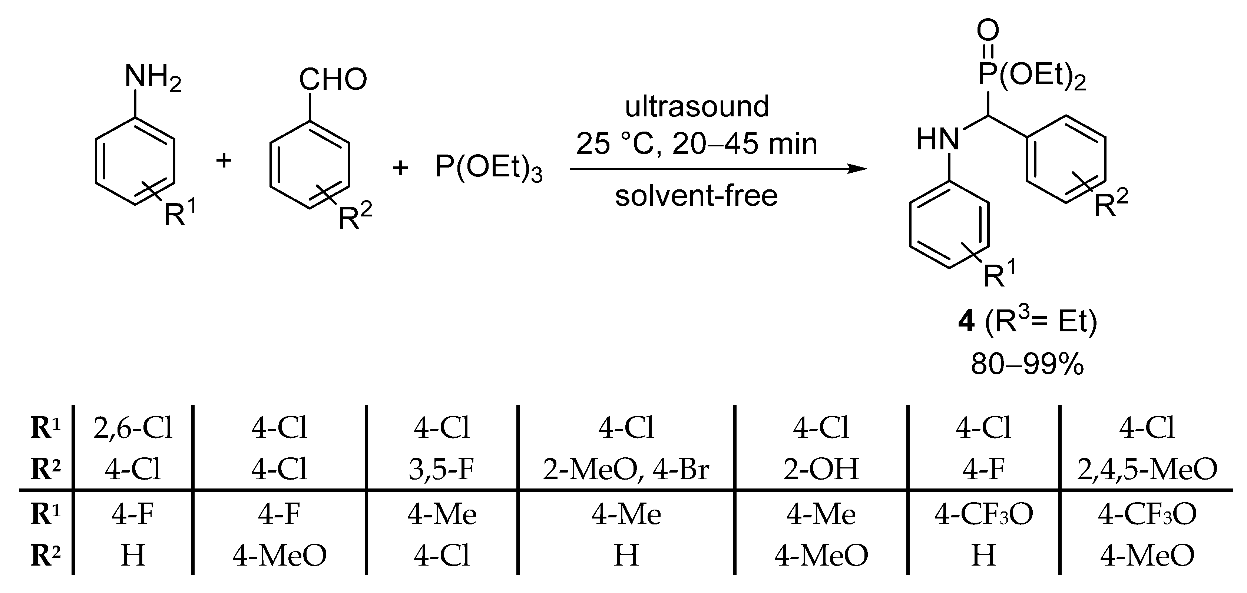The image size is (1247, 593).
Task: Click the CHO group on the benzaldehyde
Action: click(333, 79)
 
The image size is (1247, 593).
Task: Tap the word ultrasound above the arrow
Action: click(697, 106)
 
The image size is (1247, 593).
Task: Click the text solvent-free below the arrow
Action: click(696, 196)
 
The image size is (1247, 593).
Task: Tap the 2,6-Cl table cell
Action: click(133, 428)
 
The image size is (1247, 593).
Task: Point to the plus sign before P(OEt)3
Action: click(400, 168)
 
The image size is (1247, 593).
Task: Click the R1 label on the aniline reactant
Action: click(180, 213)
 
